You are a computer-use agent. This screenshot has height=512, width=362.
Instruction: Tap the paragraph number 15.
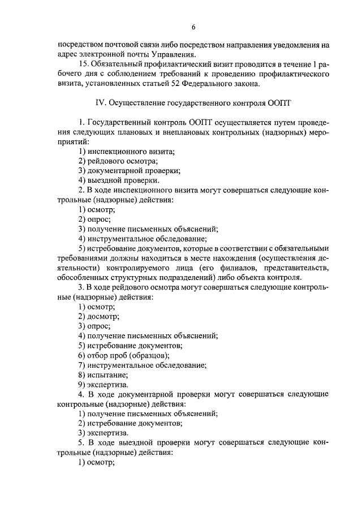(x=85, y=65)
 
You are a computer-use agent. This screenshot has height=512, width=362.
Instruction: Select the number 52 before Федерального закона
(x=199, y=84)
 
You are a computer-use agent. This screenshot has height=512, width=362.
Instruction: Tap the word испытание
(x=107, y=375)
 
